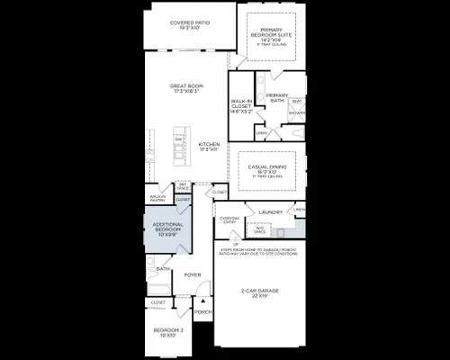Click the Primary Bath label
click(x=277, y=98)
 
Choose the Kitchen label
click(x=210, y=145)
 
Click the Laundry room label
click(x=271, y=212)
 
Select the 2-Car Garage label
click(x=257, y=289)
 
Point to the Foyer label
click(x=193, y=274)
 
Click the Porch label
click(x=203, y=313)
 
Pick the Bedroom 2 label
click(x=167, y=330)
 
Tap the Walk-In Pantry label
click(x=157, y=197)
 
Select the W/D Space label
click(x=260, y=229)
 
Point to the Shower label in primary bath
click(x=296, y=113)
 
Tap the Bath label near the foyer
click(x=163, y=268)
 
